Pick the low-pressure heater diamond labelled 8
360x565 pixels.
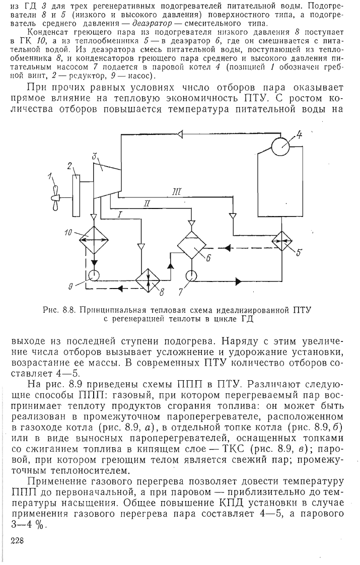click(148, 280)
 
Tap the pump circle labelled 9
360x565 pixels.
click(94, 275)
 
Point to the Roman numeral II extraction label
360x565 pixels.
click(147, 203)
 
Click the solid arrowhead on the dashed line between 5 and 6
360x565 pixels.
click(228, 248)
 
